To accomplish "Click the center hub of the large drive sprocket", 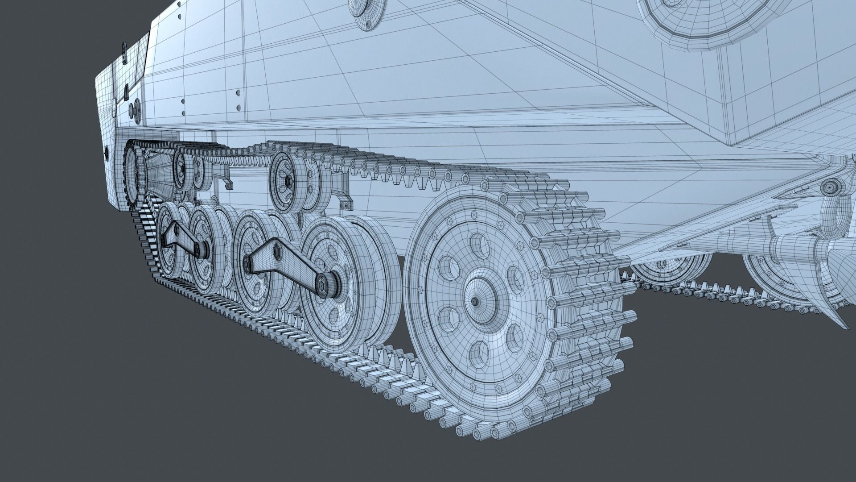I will click(x=476, y=301).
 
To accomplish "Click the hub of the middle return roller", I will click(x=288, y=181).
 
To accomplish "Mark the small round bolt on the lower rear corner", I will click(x=106, y=152).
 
